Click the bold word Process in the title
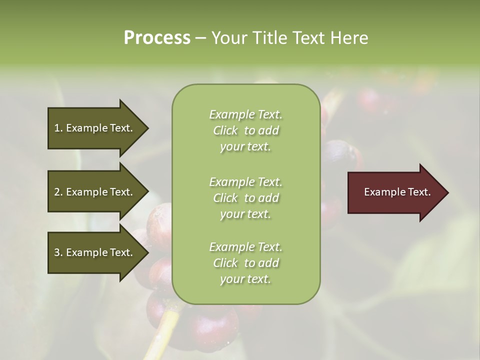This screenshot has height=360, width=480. pos(156,38)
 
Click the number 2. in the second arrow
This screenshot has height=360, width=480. pos(58,192)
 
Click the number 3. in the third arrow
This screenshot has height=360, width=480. pos(58,252)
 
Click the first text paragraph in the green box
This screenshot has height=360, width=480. pos(245,130)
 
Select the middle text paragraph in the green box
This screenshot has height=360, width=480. pos(245,198)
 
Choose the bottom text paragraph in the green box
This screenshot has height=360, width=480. pos(245,263)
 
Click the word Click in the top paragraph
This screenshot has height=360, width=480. pos(225,130)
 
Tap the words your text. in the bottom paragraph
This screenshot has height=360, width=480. pos(245,279)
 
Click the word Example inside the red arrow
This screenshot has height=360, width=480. pos(381,192)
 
